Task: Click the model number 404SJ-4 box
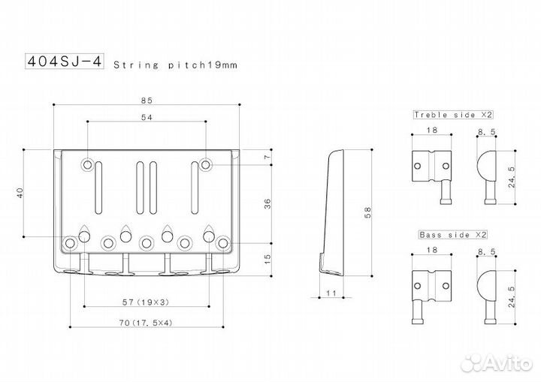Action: (65, 61)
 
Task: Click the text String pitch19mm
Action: (174, 65)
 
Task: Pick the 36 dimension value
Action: (267, 205)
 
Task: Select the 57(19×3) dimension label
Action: (147, 302)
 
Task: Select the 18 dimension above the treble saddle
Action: (431, 130)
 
